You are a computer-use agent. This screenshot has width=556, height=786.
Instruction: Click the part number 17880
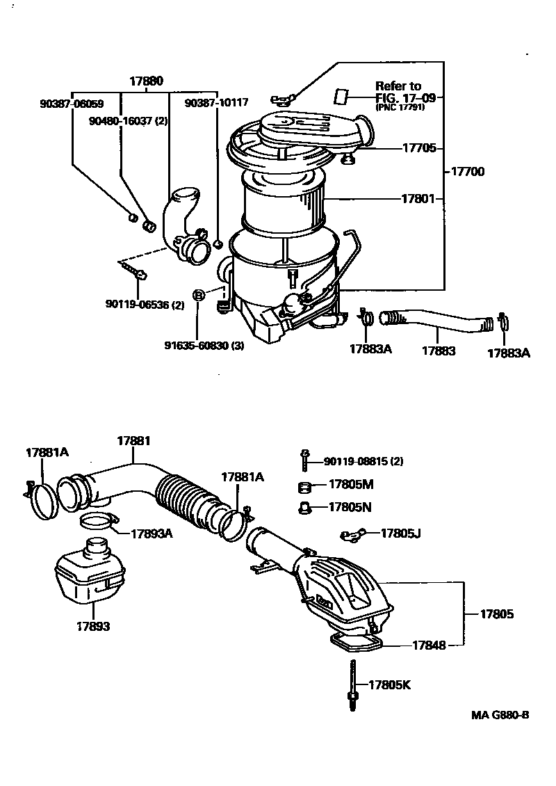[146, 81]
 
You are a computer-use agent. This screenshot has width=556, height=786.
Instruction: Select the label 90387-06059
[72, 104]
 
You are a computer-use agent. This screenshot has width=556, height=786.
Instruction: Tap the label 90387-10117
[216, 103]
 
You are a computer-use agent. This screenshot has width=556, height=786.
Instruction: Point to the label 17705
[419, 148]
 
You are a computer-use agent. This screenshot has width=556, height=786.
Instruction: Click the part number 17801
[418, 198]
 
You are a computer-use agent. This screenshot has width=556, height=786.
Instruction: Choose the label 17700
[468, 171]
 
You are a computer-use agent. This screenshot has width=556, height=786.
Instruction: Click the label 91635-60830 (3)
[204, 346]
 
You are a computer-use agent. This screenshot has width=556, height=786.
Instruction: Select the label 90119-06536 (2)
[145, 304]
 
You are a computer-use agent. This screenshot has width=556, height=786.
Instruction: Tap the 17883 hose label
[439, 351]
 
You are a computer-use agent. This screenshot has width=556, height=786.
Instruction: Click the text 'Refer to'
[398, 86]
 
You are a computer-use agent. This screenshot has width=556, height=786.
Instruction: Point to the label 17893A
[152, 534]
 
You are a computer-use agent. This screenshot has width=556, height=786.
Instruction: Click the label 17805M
[351, 484]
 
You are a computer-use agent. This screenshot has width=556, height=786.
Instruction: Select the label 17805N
[350, 507]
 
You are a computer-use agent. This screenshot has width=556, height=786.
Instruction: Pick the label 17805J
[401, 533]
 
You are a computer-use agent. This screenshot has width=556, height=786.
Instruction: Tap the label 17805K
[390, 684]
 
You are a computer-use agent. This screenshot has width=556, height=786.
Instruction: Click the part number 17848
[429, 645]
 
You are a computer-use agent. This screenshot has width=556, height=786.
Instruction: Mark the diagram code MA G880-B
[500, 715]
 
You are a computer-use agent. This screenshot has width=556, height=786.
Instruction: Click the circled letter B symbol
[199, 295]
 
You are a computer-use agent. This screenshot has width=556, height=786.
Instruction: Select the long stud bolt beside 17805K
[352, 684]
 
